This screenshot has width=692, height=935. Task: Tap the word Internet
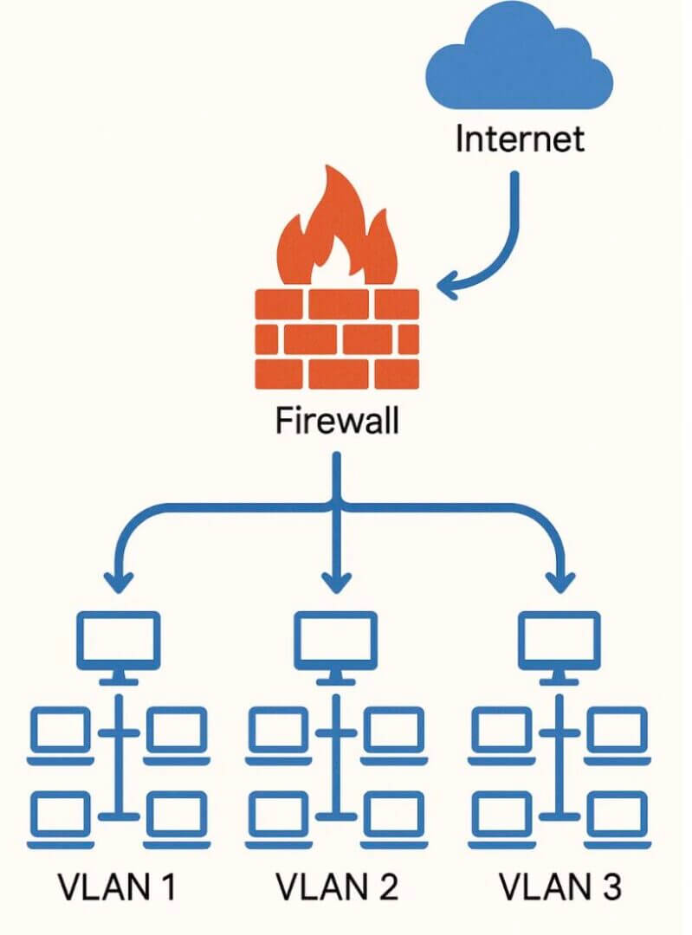tap(520, 139)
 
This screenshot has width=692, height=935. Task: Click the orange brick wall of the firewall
tap(337, 339)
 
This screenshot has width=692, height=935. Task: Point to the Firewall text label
tap(338, 422)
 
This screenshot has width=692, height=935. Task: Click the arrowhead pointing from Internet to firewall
tap(450, 283)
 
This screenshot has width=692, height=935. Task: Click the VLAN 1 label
tap(118, 887)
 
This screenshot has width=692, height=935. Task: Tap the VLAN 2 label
tap(337, 887)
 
